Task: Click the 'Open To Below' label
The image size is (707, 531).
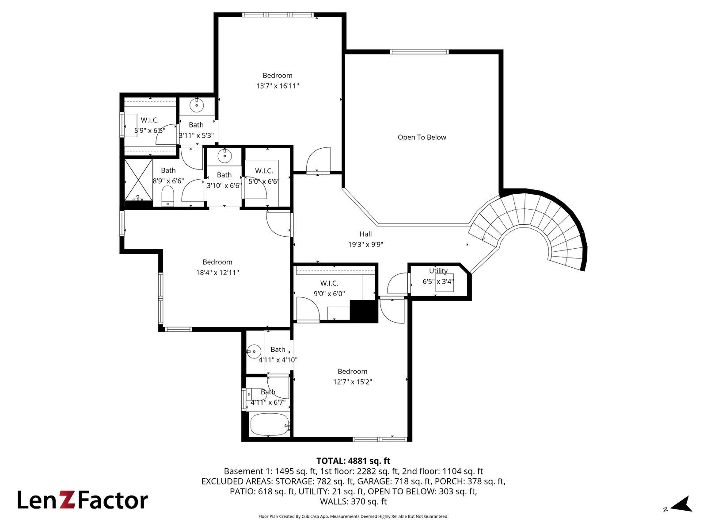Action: (x=422, y=137)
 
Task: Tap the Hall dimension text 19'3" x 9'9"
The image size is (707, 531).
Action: (x=365, y=244)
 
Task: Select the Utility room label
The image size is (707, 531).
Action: (x=438, y=271)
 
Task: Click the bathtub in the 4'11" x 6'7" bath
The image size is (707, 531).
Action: (x=269, y=424)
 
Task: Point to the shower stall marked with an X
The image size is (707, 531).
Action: (x=138, y=180)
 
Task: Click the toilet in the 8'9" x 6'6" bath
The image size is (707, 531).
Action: (x=167, y=196)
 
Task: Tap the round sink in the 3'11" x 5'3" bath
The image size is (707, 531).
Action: (x=196, y=105)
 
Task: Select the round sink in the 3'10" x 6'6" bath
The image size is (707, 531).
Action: (x=224, y=156)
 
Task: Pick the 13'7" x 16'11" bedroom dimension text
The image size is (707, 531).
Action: (x=277, y=86)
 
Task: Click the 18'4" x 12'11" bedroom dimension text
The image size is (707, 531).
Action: (x=217, y=273)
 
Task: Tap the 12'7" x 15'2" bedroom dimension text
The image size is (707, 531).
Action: (x=352, y=382)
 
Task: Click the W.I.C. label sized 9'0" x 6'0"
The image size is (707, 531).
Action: (x=329, y=283)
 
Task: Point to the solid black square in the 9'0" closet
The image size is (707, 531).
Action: (x=364, y=311)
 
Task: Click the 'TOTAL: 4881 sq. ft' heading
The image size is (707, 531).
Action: (x=353, y=461)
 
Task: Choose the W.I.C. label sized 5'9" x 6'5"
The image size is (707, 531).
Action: (x=150, y=120)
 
